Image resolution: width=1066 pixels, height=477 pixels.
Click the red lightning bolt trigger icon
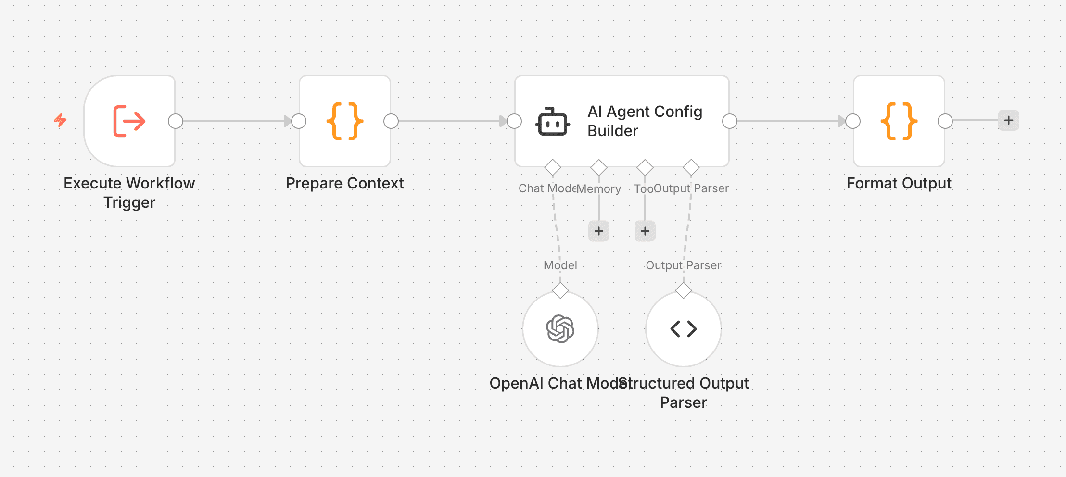[60, 120]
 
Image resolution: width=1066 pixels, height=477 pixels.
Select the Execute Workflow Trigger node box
[129, 121]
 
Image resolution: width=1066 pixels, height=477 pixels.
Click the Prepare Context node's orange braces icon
[345, 121]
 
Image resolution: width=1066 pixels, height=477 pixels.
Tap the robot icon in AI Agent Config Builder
[553, 122]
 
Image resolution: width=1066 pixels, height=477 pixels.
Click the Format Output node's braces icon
[899, 121]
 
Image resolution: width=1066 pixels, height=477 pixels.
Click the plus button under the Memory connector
[599, 231]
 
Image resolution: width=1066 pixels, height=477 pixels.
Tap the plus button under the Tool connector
[645, 231]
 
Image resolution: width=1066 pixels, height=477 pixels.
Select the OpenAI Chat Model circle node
[560, 329]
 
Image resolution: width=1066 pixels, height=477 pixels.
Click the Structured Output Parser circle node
[684, 329]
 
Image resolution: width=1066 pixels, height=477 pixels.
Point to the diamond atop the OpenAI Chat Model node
[560, 290]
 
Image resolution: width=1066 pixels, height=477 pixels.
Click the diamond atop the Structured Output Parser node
[684, 290]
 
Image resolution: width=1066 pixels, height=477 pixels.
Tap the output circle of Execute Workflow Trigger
[176, 121]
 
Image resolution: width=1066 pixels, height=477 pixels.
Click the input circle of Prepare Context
[299, 121]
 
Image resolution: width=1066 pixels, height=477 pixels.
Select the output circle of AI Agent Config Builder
[730, 121]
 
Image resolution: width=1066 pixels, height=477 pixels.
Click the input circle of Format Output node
[853, 121]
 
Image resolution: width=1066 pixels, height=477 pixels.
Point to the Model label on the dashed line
[560, 265]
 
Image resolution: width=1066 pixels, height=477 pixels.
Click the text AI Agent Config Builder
[645, 121]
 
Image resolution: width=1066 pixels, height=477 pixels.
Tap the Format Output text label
[899, 183]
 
